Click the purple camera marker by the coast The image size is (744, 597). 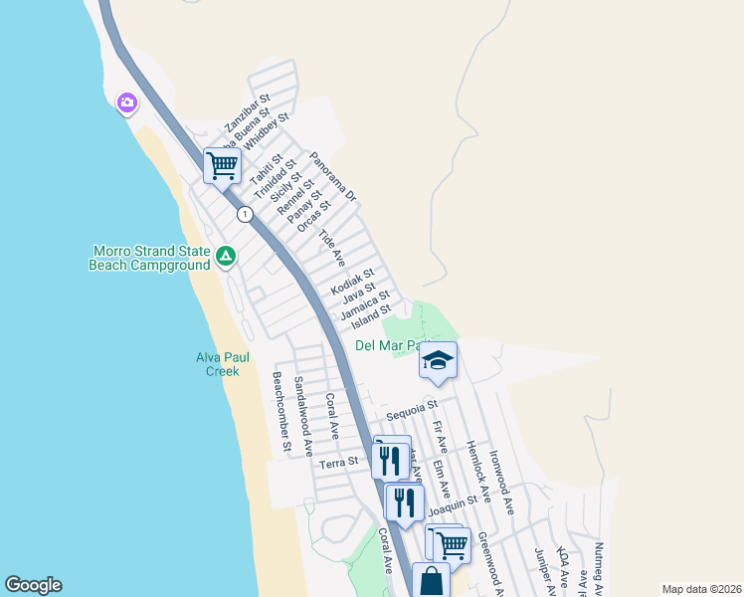(x=126, y=102)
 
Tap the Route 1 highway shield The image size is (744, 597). (x=244, y=214)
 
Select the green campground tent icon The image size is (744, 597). (x=226, y=257)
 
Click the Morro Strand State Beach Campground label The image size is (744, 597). (x=150, y=258)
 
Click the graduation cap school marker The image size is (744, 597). (x=437, y=362)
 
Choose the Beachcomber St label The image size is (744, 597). (x=279, y=411)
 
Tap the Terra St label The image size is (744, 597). (x=337, y=463)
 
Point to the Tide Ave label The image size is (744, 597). (x=330, y=248)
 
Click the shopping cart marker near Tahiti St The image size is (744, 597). (x=222, y=164)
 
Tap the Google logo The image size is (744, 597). (x=33, y=585)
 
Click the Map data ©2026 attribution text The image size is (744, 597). (x=701, y=589)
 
